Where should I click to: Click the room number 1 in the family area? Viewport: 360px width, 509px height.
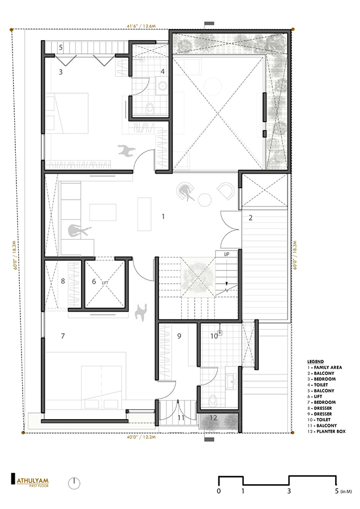point(163,216)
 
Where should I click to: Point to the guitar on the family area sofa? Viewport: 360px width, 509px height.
point(74,230)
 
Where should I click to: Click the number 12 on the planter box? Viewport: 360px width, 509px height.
point(212,418)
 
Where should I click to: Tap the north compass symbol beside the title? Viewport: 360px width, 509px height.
point(74,483)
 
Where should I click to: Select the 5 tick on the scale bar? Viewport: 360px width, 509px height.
point(336,491)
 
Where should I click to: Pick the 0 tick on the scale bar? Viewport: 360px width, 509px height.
point(218,491)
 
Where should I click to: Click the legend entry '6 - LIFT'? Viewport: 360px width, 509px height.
point(318,395)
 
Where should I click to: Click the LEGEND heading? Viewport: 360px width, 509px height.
point(316,360)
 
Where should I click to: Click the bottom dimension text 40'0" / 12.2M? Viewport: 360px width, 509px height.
point(145,437)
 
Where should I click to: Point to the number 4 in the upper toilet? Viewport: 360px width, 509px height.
point(162,72)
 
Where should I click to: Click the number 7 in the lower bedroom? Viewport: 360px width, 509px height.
point(63,336)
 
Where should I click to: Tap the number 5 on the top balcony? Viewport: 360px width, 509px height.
point(61,46)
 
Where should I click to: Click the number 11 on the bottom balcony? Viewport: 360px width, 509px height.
point(181,418)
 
